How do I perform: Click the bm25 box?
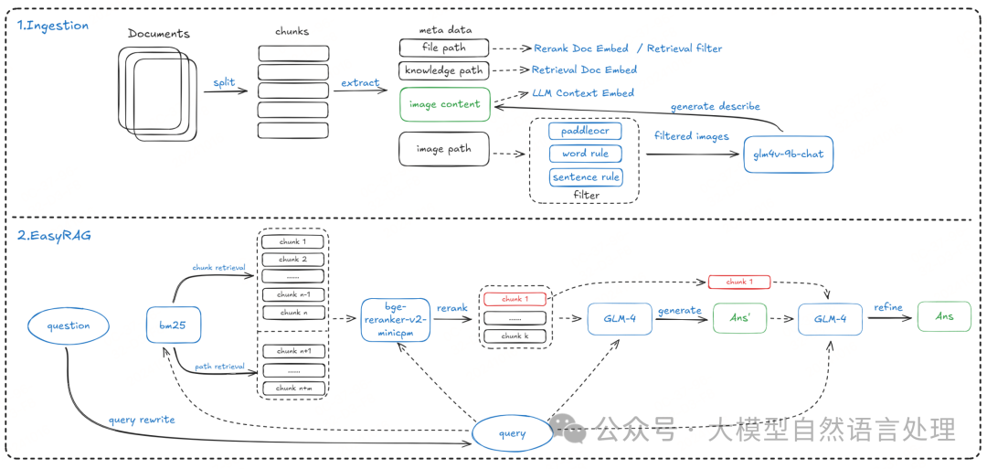pyautogui.click(x=175, y=325)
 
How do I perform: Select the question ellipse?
pyautogui.click(x=69, y=325)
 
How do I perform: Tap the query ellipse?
pyautogui.click(x=513, y=433)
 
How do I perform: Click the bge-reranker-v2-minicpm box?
pyautogui.click(x=395, y=320)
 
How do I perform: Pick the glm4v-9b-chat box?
pyautogui.click(x=788, y=154)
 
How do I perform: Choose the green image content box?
pyautogui.click(x=445, y=104)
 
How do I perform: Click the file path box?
pyautogui.click(x=444, y=48)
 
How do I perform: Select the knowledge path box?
pyautogui.click(x=444, y=70)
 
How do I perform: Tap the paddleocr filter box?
pyautogui.click(x=585, y=131)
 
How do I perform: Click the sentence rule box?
pyautogui.click(x=585, y=176)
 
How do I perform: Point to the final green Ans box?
pyautogui.click(x=944, y=316)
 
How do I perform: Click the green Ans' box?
pyautogui.click(x=738, y=317)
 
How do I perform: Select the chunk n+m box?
pyautogui.click(x=292, y=388)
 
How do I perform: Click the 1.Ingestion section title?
pyautogui.click(x=54, y=26)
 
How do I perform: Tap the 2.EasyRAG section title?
pyautogui.click(x=54, y=235)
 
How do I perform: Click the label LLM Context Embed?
pyautogui.click(x=583, y=93)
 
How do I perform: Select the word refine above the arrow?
pyautogui.click(x=889, y=308)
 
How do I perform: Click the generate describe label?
pyautogui.click(x=716, y=106)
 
